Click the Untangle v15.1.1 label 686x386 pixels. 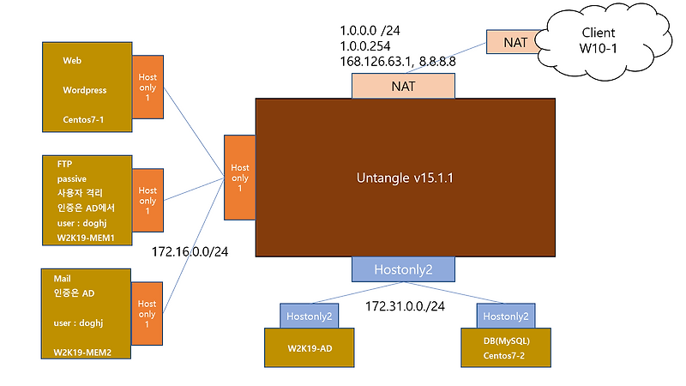coord(405,178)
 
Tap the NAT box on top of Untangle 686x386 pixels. coord(403,86)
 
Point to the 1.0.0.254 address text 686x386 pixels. coord(365,46)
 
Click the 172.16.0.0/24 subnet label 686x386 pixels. coord(190,251)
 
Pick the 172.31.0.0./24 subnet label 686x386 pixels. coord(405,306)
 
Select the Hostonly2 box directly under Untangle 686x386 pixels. coord(403,269)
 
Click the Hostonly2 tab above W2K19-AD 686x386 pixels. coord(309,316)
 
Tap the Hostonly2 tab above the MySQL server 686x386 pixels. coord(506,316)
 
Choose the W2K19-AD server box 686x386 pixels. coord(310,348)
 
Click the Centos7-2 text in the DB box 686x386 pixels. coord(503,356)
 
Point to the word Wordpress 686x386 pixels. coord(84,90)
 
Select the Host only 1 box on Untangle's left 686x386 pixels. coord(240,178)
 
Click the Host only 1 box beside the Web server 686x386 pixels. coord(147,87)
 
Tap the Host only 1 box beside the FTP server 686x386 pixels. coord(147,201)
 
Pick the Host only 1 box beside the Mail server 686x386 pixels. coord(147,314)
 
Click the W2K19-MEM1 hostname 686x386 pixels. coord(86,238)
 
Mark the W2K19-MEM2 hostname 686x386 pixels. coord(82,353)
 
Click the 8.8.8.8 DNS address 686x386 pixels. coord(437,61)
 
